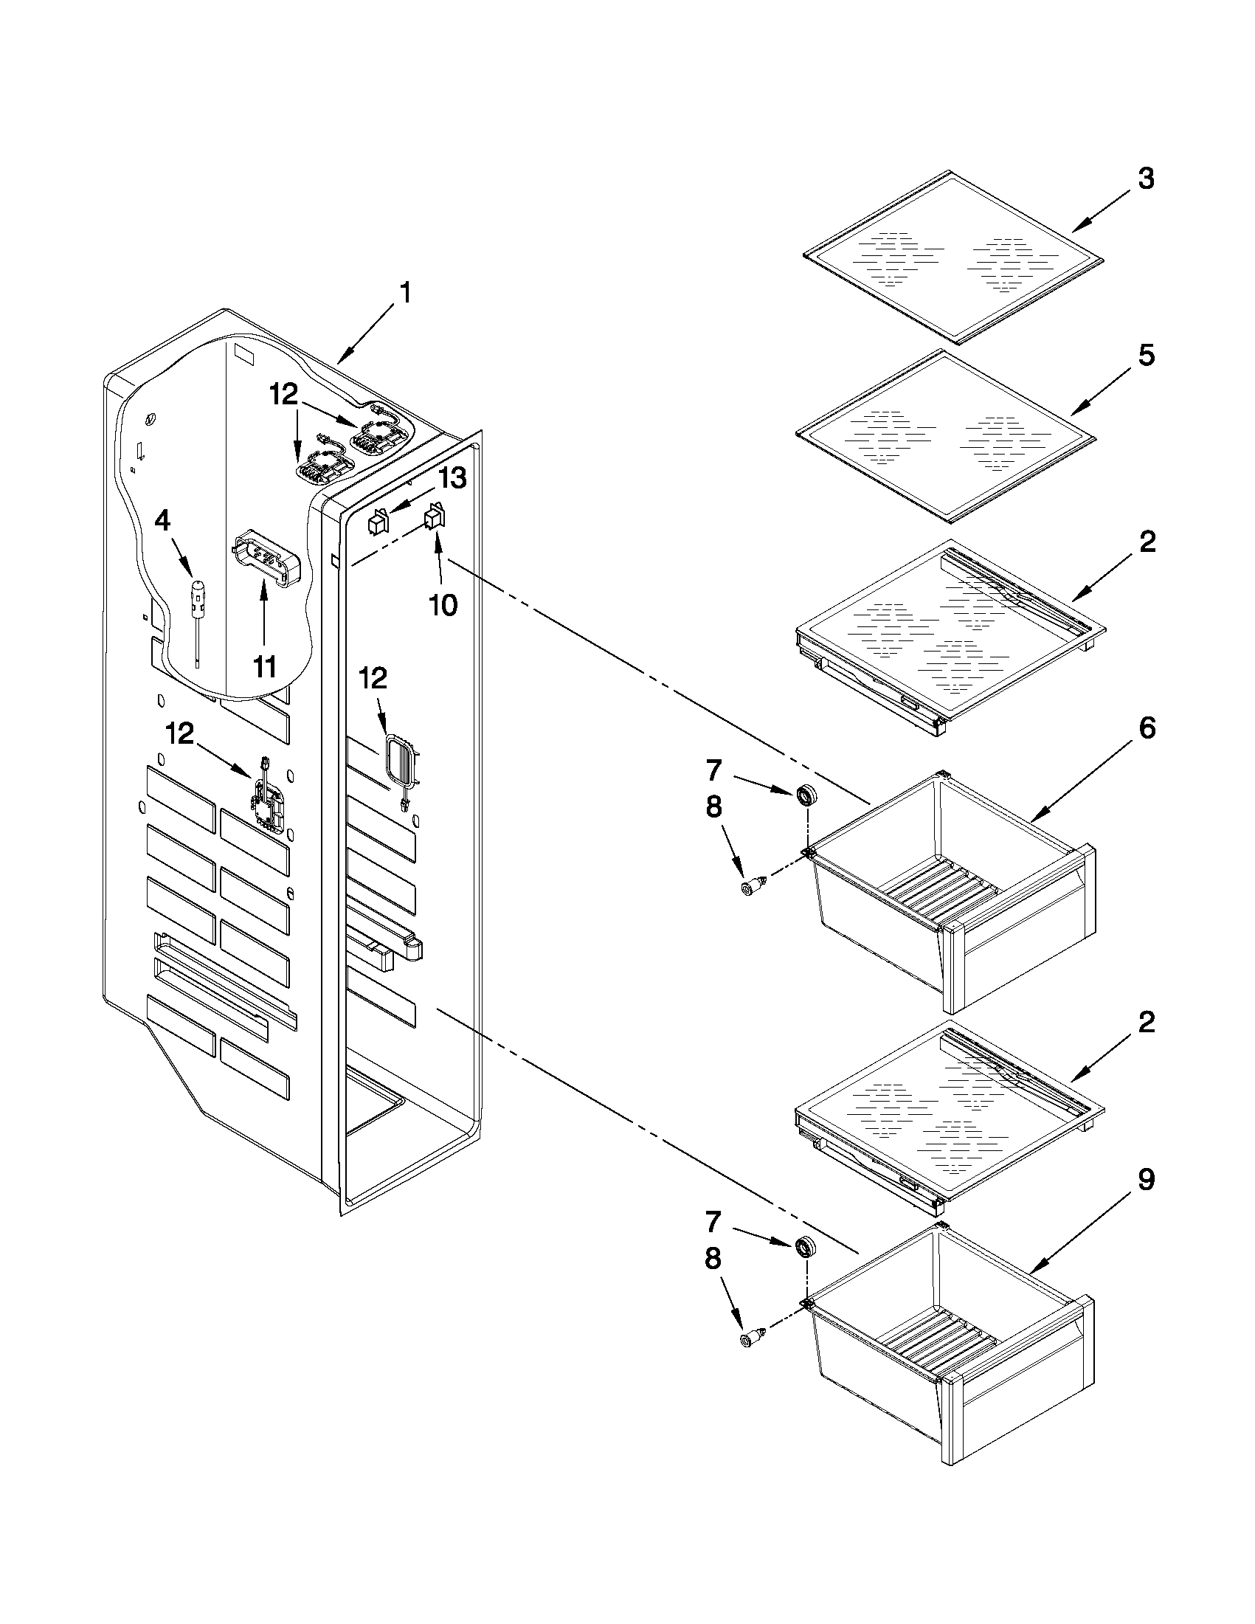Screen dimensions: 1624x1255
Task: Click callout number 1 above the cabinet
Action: click(x=405, y=293)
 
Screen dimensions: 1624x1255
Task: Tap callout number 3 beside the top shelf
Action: click(x=1146, y=179)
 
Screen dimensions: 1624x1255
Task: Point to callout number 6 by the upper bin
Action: click(x=1146, y=729)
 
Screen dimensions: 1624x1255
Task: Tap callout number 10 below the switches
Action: click(x=443, y=605)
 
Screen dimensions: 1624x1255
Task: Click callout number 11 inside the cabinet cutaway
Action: click(x=264, y=667)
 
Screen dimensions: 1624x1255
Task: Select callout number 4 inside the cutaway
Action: click(x=162, y=521)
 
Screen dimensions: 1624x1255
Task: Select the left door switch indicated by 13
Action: click(x=379, y=522)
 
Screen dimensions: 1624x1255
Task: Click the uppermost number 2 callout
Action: click(x=1146, y=542)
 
